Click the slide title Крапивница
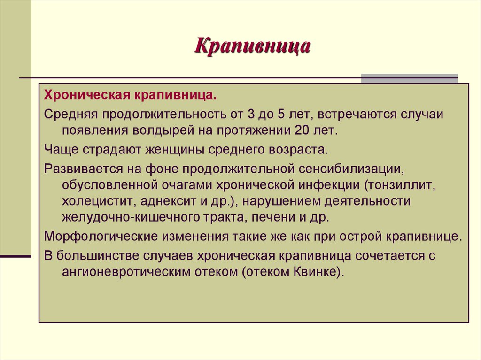click(253, 46)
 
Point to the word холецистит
click(96, 201)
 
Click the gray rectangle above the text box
click(409, 78)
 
